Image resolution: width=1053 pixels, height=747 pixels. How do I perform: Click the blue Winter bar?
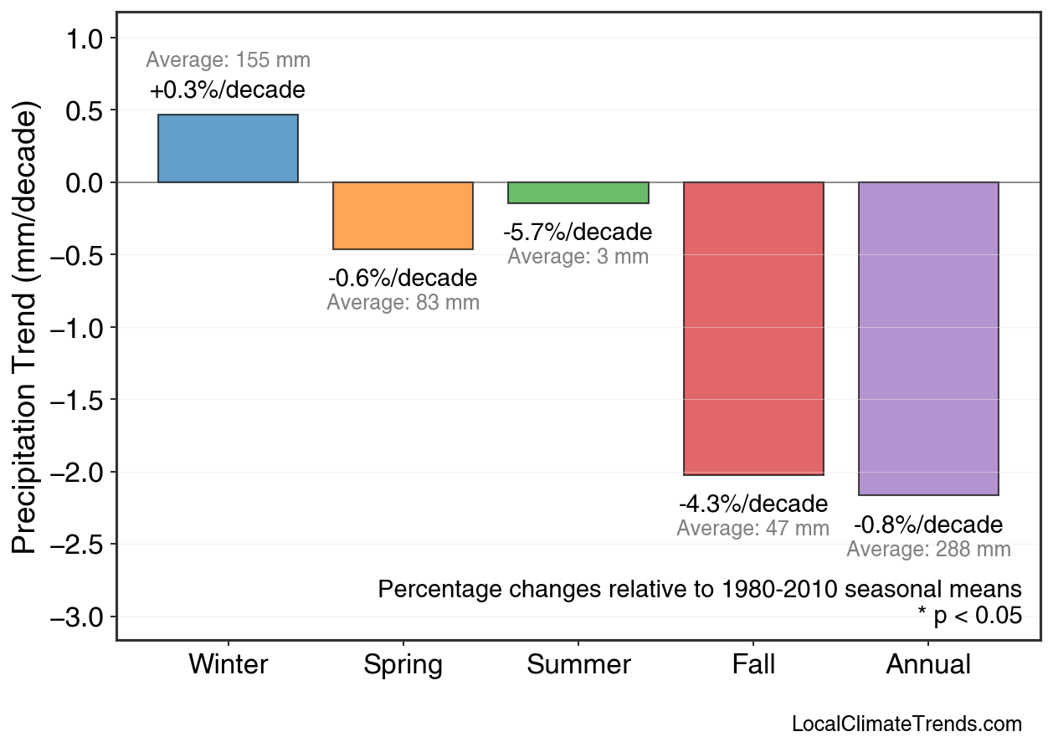point(228,148)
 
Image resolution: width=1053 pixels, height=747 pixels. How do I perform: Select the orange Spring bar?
point(403,216)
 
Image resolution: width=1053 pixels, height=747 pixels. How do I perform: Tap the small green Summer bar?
point(578,192)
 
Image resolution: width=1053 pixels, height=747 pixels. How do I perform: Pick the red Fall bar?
point(753,328)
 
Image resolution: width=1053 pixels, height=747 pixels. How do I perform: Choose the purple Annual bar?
point(928,338)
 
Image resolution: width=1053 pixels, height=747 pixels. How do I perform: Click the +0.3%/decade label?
point(228,90)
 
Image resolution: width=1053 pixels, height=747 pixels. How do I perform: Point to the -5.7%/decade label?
point(578,232)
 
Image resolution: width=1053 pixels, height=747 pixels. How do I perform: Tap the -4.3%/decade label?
point(753,504)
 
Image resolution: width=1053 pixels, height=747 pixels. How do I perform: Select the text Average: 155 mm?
point(228,60)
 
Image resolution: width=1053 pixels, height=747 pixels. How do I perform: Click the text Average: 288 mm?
point(928,550)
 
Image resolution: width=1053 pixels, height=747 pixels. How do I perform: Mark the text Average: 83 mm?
point(403,303)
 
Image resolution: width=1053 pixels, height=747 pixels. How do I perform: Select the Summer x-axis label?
point(578,665)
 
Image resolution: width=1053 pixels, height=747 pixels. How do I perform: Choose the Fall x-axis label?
point(753,665)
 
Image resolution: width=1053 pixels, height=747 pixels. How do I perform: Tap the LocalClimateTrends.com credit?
point(907,724)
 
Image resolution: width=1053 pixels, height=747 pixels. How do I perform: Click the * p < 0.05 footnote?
point(969,617)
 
